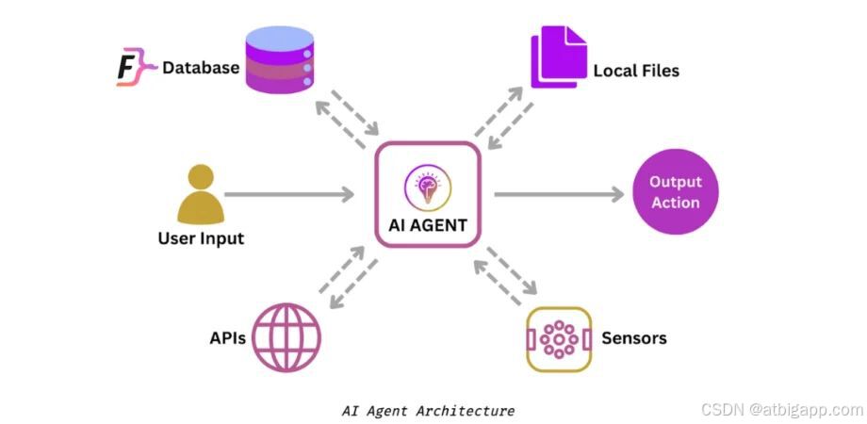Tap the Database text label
201,68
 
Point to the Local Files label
636,71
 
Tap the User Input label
201,238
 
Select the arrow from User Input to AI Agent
288,195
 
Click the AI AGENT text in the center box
428,224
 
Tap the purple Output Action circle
675,192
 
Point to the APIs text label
228,337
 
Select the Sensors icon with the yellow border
558,338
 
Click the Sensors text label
633,338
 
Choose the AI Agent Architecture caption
428,411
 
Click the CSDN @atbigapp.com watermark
781,410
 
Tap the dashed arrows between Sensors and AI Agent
505,275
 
